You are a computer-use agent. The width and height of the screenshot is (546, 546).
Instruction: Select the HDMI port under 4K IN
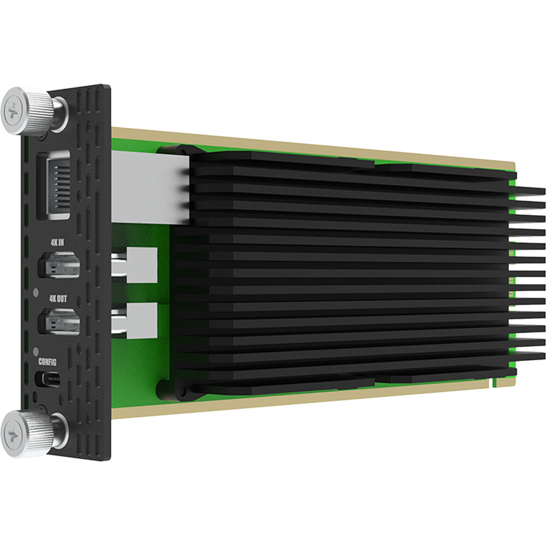point(58,266)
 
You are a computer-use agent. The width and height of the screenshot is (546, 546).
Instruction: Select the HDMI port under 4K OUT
point(59,321)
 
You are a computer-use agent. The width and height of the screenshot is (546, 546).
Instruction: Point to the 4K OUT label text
point(58,300)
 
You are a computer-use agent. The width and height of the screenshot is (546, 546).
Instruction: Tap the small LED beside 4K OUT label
point(36,292)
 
